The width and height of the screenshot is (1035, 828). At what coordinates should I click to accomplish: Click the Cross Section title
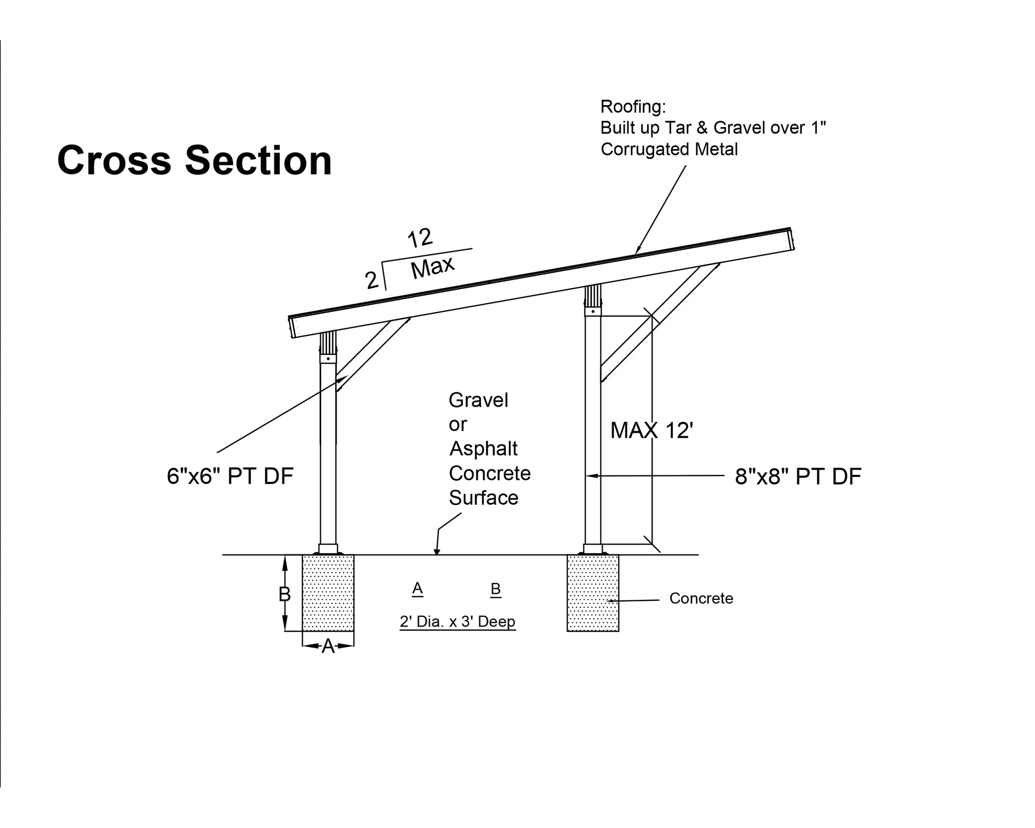(194, 160)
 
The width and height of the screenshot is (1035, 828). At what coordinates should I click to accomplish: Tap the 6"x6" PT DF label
(230, 476)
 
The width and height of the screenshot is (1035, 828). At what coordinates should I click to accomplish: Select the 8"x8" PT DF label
(798, 477)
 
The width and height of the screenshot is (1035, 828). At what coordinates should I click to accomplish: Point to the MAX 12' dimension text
(652, 430)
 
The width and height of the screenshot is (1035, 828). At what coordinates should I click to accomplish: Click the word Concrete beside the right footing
(701, 598)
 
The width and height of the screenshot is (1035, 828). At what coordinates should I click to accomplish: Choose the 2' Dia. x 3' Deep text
(457, 621)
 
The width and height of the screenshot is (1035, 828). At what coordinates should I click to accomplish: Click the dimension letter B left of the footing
(285, 594)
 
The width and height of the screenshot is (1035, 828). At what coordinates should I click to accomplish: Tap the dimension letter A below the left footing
(328, 646)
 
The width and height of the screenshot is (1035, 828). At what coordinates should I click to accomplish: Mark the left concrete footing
(328, 593)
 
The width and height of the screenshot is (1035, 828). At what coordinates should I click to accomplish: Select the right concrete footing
(592, 593)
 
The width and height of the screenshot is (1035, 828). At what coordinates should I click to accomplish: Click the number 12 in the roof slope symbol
(420, 238)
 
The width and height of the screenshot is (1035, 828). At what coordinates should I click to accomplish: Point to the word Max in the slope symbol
(432, 267)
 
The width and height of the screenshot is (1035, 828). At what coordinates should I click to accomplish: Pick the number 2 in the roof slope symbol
(372, 280)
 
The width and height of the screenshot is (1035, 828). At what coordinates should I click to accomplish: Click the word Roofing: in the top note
(633, 107)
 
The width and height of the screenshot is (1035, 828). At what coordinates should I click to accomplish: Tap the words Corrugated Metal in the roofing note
(669, 149)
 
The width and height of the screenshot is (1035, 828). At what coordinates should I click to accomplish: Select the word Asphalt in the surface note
(483, 449)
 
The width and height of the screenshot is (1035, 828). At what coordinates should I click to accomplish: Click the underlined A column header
(418, 588)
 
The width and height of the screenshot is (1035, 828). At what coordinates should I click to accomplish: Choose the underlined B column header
(496, 589)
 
